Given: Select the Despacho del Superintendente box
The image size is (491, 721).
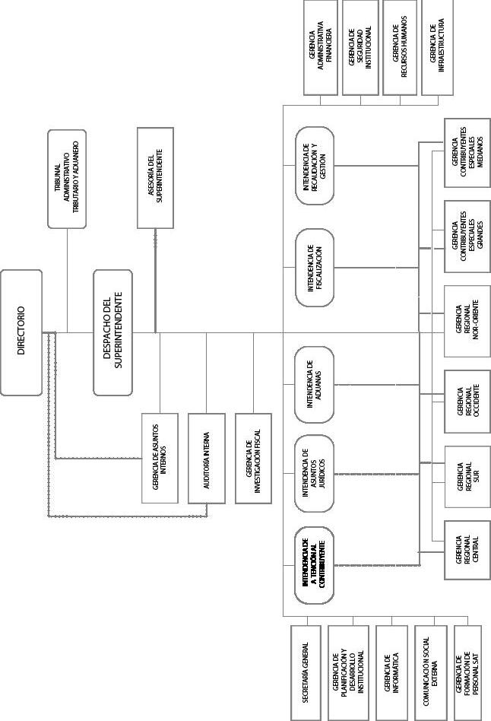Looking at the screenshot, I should [x=113, y=332].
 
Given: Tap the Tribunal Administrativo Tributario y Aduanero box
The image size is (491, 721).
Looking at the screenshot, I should [x=68, y=179].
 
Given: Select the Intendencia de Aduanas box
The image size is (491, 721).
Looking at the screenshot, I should [x=314, y=384].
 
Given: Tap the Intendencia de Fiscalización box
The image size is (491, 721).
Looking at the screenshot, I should [x=314, y=268].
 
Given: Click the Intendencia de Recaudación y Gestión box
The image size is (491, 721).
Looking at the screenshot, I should [x=314, y=166].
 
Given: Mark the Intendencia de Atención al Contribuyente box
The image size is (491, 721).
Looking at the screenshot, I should [x=314, y=565].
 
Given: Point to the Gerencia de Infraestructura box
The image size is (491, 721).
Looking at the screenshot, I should [x=441, y=47].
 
